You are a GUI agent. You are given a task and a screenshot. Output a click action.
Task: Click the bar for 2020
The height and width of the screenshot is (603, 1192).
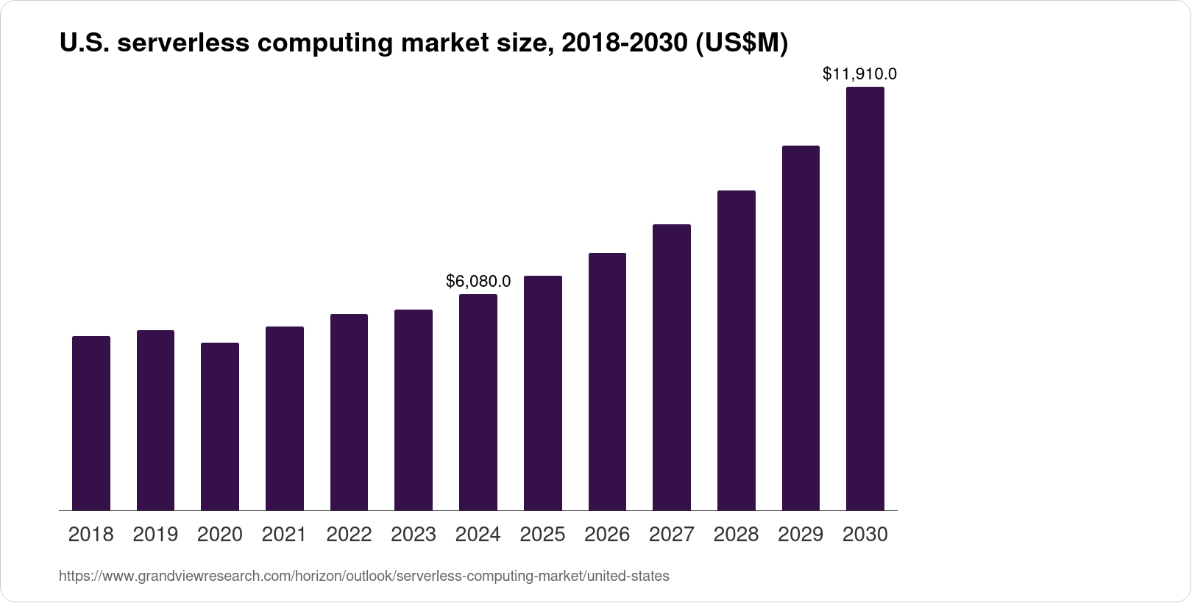(220, 427)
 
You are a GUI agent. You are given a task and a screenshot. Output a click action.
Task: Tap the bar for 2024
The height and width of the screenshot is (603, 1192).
(478, 402)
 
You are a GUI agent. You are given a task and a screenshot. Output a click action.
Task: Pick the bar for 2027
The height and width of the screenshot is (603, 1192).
(672, 367)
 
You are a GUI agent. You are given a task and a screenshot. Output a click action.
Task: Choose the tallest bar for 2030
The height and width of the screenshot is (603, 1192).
(865, 299)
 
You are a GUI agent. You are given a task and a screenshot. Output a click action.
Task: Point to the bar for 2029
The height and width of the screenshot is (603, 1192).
(801, 328)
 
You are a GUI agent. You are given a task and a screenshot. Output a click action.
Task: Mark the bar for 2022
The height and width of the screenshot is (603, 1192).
(349, 412)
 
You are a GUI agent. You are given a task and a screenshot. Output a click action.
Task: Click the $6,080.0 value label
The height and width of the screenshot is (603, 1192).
(478, 281)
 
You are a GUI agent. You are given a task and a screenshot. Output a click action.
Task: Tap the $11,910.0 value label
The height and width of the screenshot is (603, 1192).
(859, 74)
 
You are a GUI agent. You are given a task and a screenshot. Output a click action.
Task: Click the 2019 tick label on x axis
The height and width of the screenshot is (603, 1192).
(155, 535)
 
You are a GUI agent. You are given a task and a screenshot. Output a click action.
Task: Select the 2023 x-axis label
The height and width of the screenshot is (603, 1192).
(414, 535)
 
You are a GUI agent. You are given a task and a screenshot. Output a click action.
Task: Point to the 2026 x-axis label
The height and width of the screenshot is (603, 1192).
(607, 535)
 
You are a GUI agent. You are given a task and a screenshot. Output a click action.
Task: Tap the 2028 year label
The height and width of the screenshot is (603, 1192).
(736, 535)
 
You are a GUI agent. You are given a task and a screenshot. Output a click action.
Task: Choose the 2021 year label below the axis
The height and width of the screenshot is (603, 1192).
(284, 535)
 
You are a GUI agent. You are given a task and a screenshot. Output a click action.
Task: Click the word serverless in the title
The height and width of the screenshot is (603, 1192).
(183, 43)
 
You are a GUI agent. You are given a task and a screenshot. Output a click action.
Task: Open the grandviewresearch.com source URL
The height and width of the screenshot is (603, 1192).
(364, 577)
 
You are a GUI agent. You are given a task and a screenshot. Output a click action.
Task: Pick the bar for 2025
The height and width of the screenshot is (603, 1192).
(543, 393)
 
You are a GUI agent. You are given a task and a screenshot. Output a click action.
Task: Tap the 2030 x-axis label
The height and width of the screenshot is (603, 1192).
(865, 535)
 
